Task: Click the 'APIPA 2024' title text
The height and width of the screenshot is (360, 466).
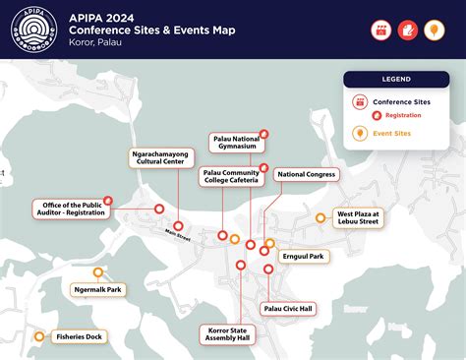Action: click(110, 17)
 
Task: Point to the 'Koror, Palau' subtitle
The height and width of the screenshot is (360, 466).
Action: click(103, 43)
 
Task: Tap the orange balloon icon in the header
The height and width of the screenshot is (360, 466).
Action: click(435, 30)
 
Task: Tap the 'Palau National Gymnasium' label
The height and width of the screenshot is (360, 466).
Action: click(236, 144)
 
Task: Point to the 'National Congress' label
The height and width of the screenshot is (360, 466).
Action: click(306, 174)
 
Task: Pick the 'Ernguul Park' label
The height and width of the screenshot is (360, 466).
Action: click(303, 256)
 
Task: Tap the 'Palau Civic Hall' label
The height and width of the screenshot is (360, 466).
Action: click(288, 308)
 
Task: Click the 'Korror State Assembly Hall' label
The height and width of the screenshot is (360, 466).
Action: click(228, 335)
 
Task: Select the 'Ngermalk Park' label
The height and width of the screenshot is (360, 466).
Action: click(97, 290)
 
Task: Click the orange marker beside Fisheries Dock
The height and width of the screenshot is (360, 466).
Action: click(38, 336)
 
